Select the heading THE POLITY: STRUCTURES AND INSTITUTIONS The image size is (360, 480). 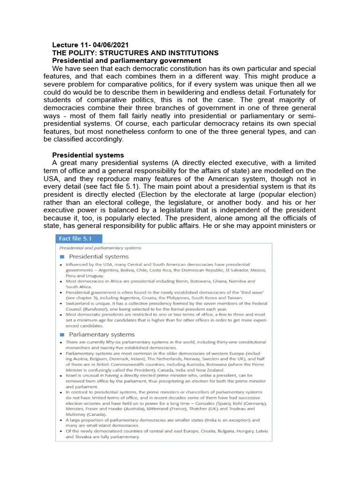coord(135,53)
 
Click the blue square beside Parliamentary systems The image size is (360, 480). coord(62,335)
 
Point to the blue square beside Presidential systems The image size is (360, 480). coord(62,257)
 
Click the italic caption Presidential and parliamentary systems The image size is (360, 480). coord(100,247)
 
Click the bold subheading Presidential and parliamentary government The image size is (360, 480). coord(127,61)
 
